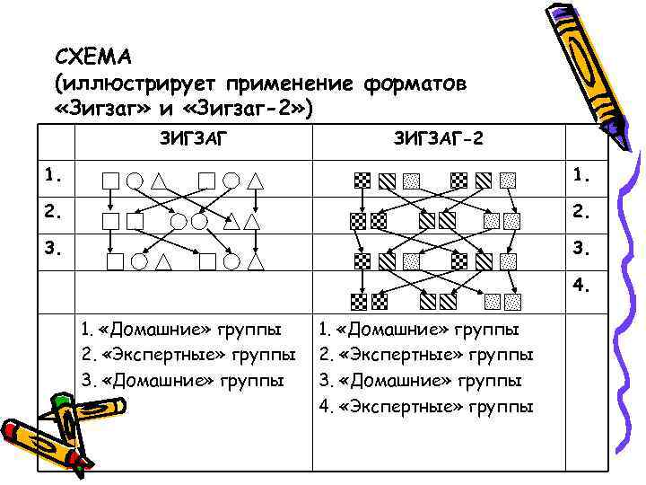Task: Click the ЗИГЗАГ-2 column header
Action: pos(438,140)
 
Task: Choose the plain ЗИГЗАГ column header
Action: pos(194,140)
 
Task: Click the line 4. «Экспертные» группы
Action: pos(426,406)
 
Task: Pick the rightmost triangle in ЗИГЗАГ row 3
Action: pos(255,262)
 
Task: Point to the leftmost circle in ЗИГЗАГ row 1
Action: pos(134,181)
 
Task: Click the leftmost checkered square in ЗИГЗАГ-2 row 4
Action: pos(359,301)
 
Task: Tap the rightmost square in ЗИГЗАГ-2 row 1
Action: pos(508,180)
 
